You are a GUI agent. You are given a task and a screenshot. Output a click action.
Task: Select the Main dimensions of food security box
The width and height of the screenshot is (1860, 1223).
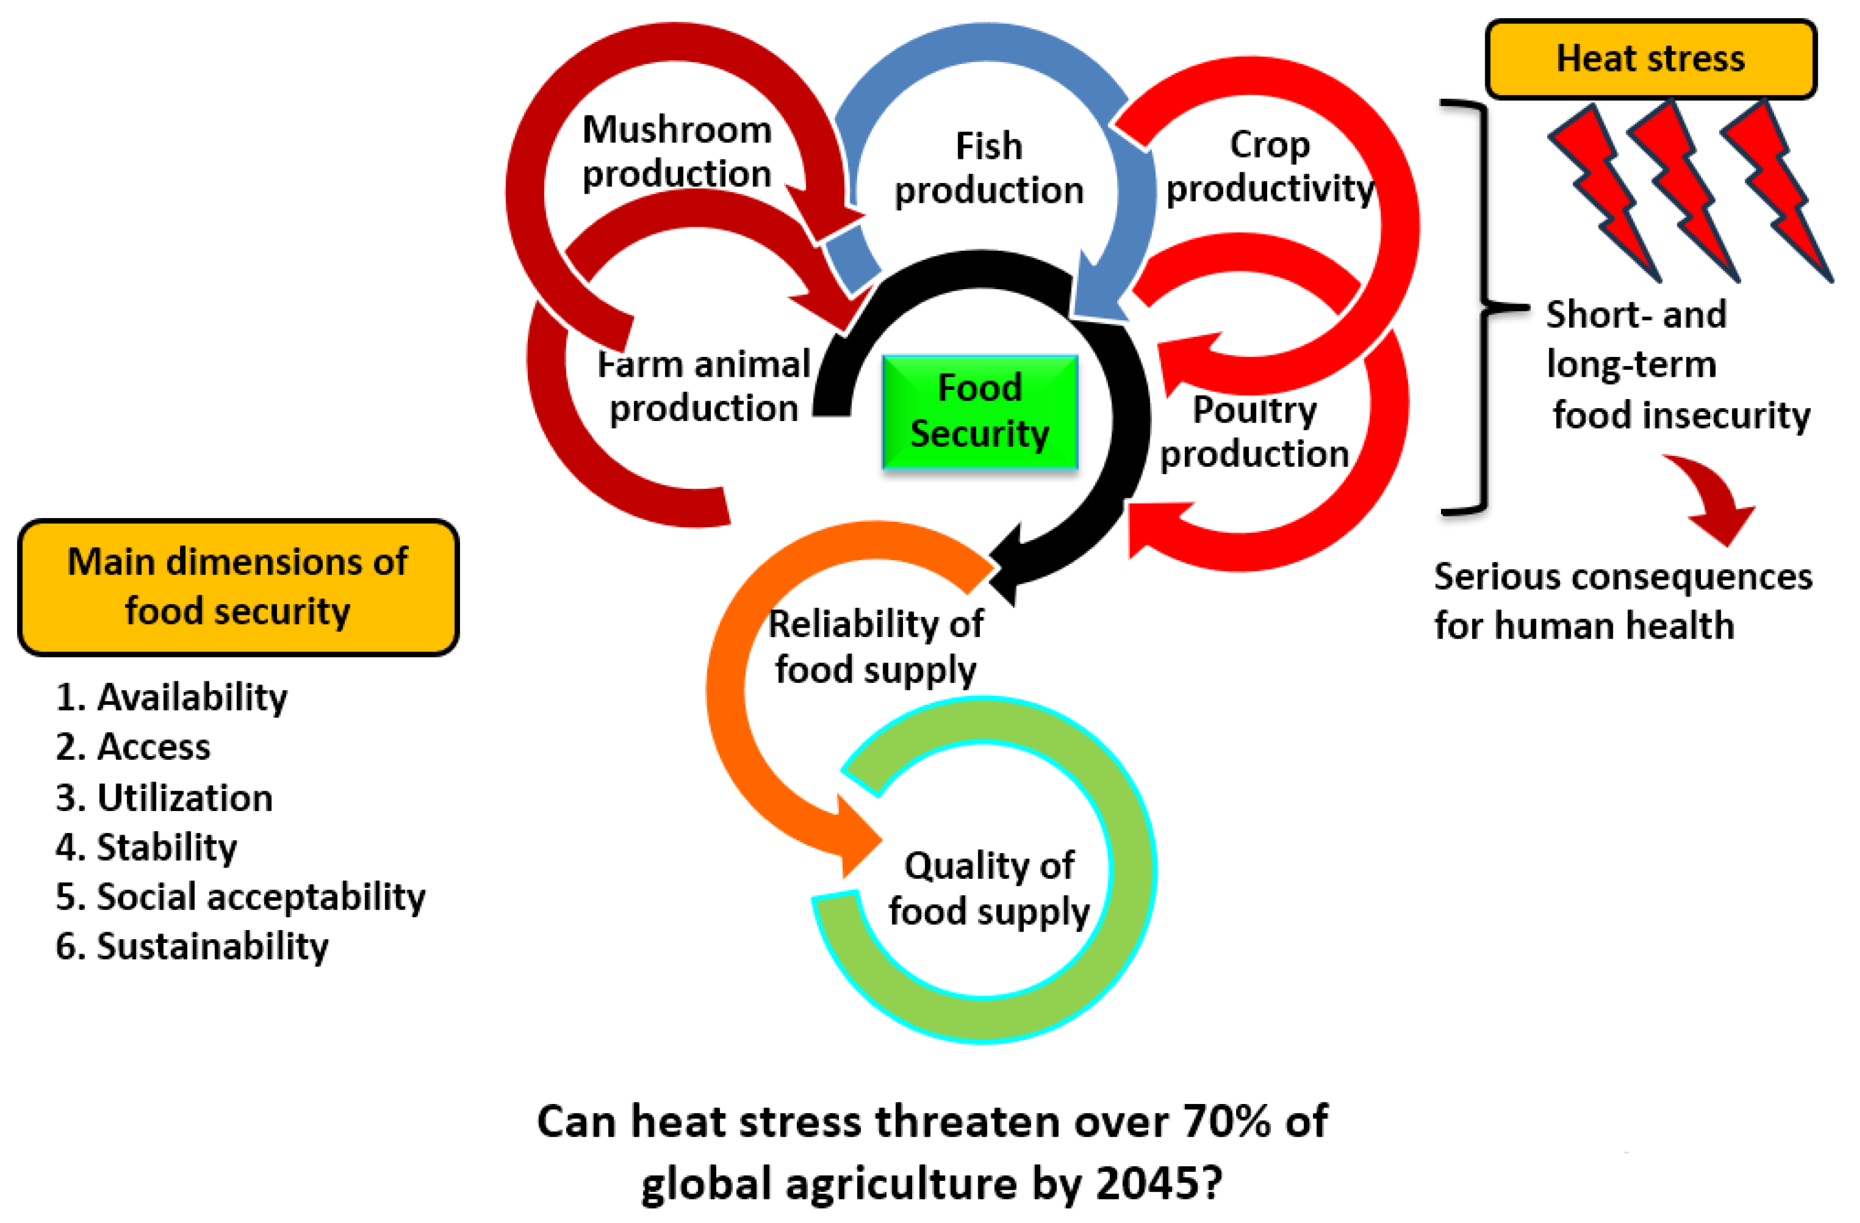tap(238, 586)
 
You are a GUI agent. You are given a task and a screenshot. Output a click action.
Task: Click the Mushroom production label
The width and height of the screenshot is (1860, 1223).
tap(677, 151)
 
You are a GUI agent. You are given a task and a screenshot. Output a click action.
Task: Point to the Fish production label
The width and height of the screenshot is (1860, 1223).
tap(988, 168)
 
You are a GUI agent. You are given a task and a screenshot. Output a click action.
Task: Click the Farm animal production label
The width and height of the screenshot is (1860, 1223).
tap(703, 386)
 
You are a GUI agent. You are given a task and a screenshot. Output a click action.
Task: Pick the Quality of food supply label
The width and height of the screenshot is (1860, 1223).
tap(988, 888)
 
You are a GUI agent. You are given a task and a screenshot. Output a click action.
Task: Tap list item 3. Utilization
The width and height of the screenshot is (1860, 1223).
tap(164, 798)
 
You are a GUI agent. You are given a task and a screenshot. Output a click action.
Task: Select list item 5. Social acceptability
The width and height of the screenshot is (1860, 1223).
tap(240, 897)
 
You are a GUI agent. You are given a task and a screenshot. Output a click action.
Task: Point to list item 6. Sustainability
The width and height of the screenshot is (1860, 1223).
tap(192, 947)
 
